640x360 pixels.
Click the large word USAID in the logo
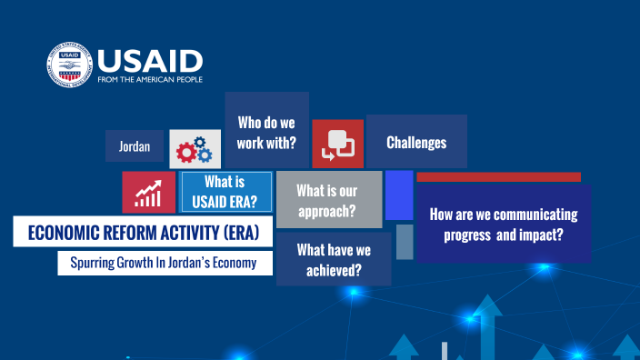[x=149, y=61]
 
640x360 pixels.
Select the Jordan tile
[x=134, y=146]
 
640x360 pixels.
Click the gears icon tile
[x=195, y=148]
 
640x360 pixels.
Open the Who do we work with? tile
[x=266, y=132]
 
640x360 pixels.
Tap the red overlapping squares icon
[x=337, y=145]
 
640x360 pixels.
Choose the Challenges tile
[x=415, y=143]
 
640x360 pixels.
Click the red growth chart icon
[x=148, y=192]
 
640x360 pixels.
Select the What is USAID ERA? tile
[x=226, y=192]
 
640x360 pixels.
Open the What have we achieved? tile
[x=334, y=259]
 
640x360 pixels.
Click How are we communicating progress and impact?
[x=503, y=224]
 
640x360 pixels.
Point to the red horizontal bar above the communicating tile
[x=498, y=176]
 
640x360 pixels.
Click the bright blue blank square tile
[x=398, y=195]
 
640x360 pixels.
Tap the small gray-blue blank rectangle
[x=405, y=242]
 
